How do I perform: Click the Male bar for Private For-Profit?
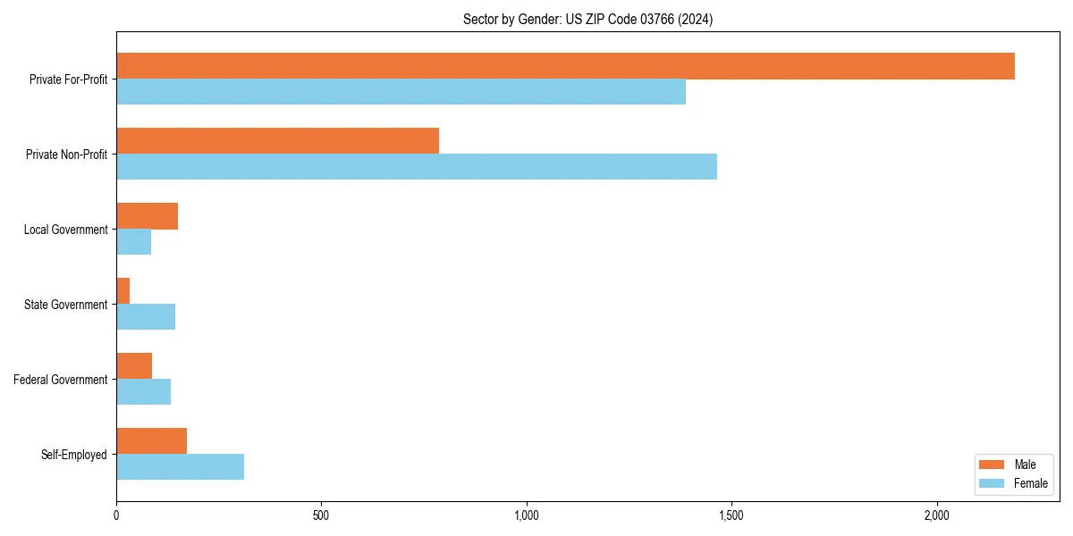[x=565, y=66]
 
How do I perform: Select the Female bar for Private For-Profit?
[x=401, y=92]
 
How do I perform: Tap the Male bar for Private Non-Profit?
[x=277, y=141]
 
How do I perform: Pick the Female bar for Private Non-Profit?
[x=417, y=167]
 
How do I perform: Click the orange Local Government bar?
[x=147, y=216]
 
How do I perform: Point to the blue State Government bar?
[x=146, y=317]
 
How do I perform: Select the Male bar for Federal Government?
[x=134, y=366]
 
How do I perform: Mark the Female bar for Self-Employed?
[x=180, y=467]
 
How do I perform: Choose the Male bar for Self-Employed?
[x=151, y=441]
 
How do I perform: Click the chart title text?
[x=587, y=19]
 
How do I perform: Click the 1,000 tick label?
[x=526, y=516]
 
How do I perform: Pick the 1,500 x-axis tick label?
[x=731, y=516]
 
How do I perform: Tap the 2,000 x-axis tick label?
[x=936, y=516]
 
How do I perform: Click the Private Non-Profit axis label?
[x=66, y=155]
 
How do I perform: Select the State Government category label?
[x=65, y=305]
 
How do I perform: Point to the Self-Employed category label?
[x=73, y=455]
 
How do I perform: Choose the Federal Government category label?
[x=61, y=380]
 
